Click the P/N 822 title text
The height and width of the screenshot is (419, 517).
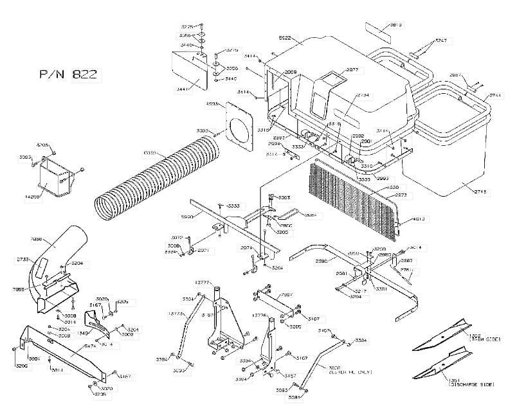click(x=68, y=75)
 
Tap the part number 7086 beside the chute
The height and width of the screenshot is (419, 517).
click(x=37, y=239)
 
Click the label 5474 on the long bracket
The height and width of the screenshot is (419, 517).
click(x=73, y=346)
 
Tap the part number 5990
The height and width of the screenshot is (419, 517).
click(x=188, y=218)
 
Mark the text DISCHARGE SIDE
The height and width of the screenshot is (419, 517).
click(x=472, y=384)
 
